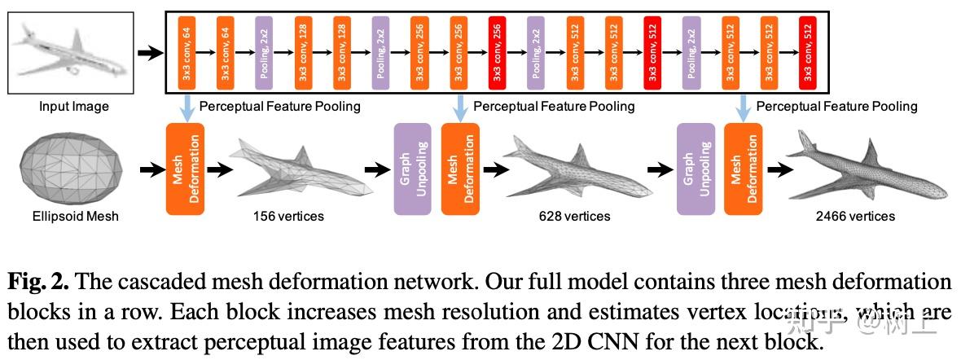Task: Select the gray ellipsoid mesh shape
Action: click(x=65, y=169)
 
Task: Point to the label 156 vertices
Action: click(x=288, y=216)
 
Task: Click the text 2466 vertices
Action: click(x=854, y=216)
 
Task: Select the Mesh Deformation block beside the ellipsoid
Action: click(x=185, y=169)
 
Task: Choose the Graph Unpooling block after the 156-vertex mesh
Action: click(x=412, y=169)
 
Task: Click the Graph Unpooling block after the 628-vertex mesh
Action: click(x=696, y=169)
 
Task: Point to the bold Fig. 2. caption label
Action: click(x=38, y=283)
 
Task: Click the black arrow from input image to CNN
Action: click(x=148, y=53)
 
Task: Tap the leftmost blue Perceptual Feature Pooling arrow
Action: click(x=186, y=107)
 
